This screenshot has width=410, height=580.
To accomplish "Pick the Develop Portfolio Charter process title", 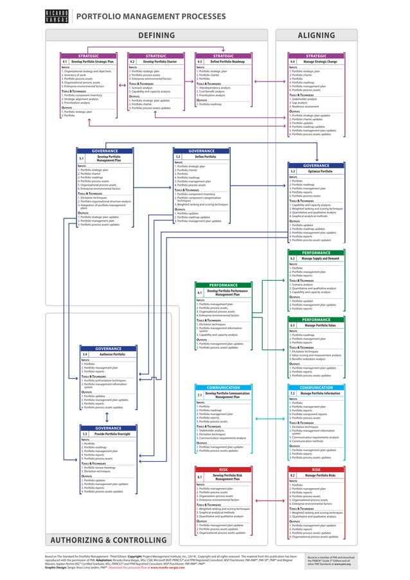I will pos(160,61).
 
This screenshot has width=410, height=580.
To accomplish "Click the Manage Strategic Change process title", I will pos(325,61).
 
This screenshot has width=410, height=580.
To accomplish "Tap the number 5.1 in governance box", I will pos(81,157).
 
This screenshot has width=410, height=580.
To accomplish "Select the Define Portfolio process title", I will pos(205,156).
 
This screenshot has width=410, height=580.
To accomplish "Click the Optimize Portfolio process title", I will pos(320,171).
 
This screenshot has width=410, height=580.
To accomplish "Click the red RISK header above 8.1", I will pos(223,470).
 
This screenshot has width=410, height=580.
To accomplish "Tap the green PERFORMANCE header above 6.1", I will pos(223,285).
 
